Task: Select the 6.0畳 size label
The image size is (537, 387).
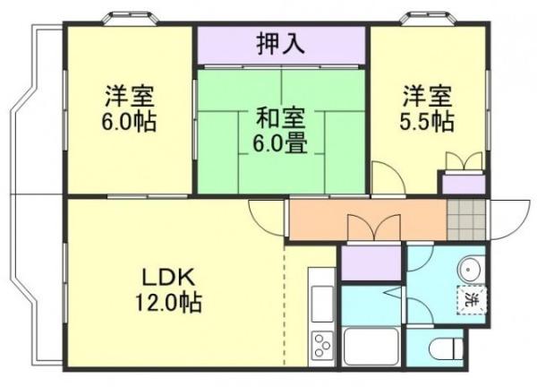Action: click(x=280, y=143)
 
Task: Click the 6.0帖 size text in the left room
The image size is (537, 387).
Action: click(x=129, y=120)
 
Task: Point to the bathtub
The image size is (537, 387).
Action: click(x=370, y=347)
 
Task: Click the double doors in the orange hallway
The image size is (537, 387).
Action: click(x=373, y=228)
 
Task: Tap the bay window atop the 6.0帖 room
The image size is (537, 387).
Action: click(x=129, y=18)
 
